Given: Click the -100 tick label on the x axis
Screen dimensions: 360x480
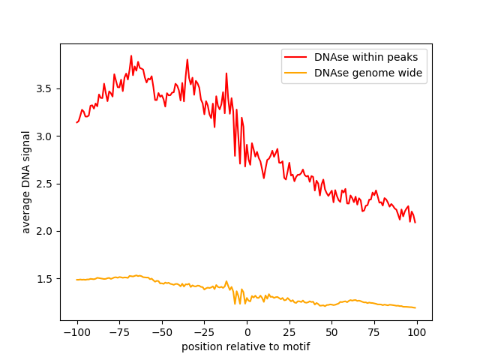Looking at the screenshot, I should click(76, 332).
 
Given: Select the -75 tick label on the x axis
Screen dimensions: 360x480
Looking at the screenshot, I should click(119, 332).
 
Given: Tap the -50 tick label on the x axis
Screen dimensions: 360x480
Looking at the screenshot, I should click(161, 332).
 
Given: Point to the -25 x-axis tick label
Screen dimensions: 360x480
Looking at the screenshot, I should click(204, 332).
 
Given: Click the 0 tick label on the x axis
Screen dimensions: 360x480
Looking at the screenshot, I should click(247, 332).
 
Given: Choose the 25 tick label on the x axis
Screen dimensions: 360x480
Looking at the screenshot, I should click(289, 332).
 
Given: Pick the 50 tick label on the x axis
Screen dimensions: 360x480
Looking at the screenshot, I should click(331, 332).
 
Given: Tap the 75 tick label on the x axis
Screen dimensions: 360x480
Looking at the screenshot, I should click(374, 332).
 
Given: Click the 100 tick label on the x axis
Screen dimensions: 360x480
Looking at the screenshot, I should click(416, 332).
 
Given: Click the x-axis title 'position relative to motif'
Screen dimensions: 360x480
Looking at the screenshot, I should click(246, 346).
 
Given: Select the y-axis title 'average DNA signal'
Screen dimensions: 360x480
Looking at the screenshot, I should click(26, 182).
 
